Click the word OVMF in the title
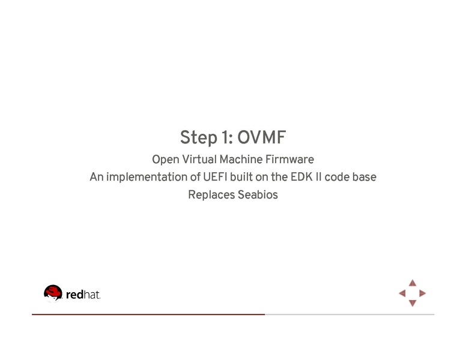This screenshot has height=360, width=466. coord(261,138)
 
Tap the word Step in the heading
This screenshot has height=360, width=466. coord(198,138)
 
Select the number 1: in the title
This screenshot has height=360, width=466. coord(226,138)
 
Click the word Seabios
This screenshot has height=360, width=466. coord(258,195)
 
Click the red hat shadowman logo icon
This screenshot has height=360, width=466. coord(53,293)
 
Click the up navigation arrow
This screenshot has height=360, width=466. coord(413,283)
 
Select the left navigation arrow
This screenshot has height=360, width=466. coord(402,293)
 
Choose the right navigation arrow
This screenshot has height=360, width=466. coord(423,293)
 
